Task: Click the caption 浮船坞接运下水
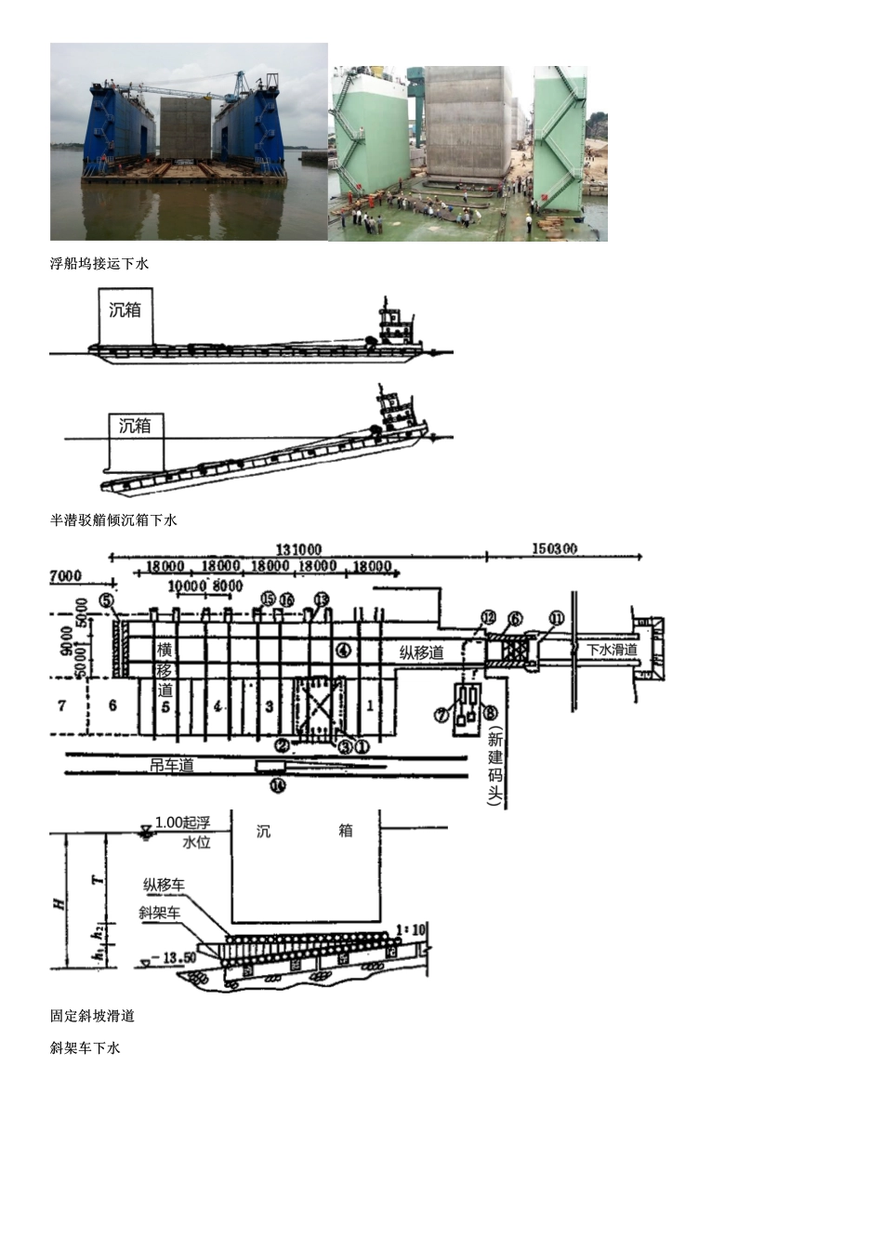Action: click(99, 264)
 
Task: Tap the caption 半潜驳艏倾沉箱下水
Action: click(113, 520)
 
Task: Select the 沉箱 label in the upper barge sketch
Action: click(125, 310)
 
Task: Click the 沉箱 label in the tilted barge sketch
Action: click(135, 427)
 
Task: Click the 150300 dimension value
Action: click(554, 549)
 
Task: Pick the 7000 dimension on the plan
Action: click(65, 577)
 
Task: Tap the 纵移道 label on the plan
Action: click(421, 652)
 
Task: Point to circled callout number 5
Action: click(108, 600)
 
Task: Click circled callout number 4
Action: click(343, 651)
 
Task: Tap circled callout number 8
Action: click(491, 713)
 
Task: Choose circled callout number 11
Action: click(556, 618)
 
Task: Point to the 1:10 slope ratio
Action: click(412, 929)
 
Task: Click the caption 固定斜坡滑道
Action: click(92, 1017)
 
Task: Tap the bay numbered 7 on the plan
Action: click(62, 705)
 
